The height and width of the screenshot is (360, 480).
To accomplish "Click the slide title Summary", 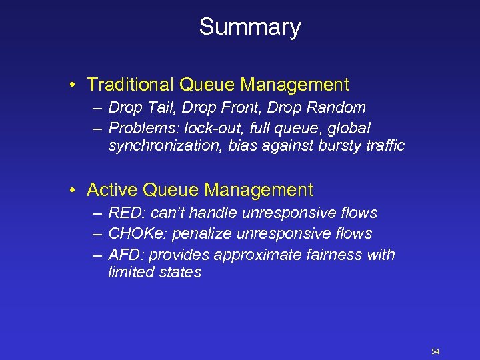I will point(250,27).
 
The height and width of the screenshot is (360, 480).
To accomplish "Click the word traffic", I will point(385,145).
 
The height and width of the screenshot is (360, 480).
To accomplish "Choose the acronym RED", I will point(124,213).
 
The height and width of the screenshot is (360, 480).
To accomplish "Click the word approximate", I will point(265,255).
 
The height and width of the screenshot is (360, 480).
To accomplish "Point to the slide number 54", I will point(435,351).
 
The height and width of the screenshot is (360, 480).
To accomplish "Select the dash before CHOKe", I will point(97,234).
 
